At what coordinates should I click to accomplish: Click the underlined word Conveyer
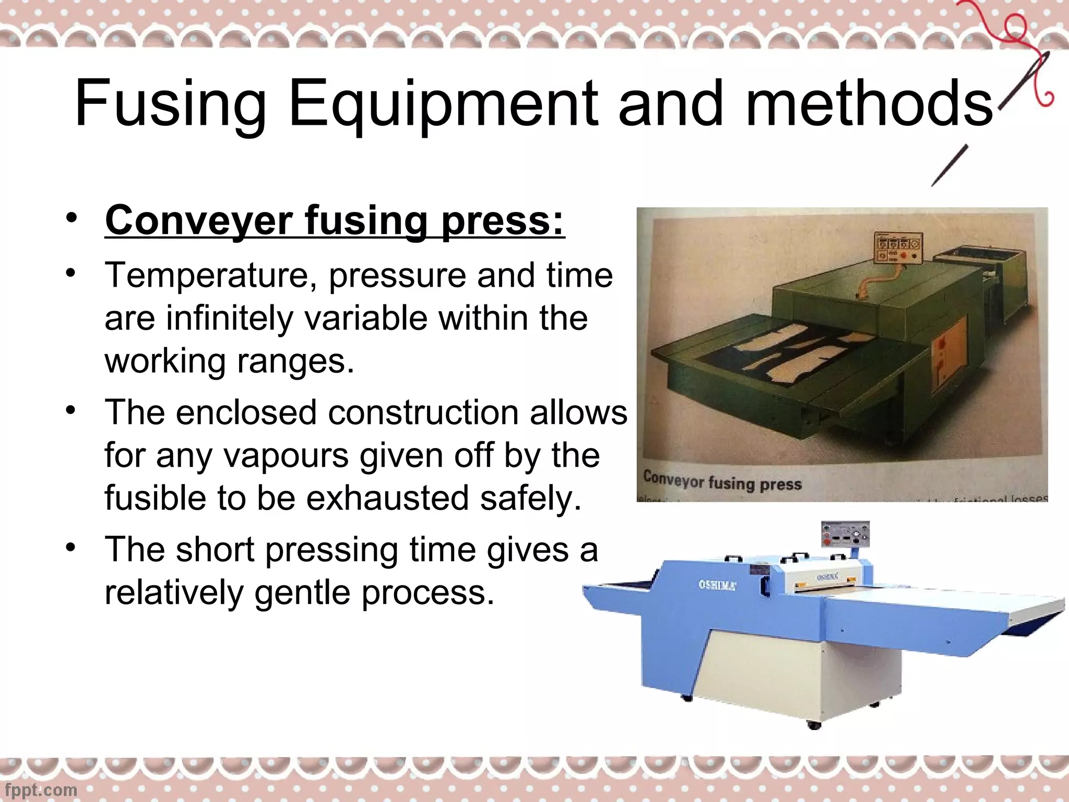click(198, 221)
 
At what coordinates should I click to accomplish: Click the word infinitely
click(230, 318)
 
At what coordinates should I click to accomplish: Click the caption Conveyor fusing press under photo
click(722, 480)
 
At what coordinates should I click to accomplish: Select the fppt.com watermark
click(39, 789)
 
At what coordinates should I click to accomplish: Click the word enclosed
click(245, 412)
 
